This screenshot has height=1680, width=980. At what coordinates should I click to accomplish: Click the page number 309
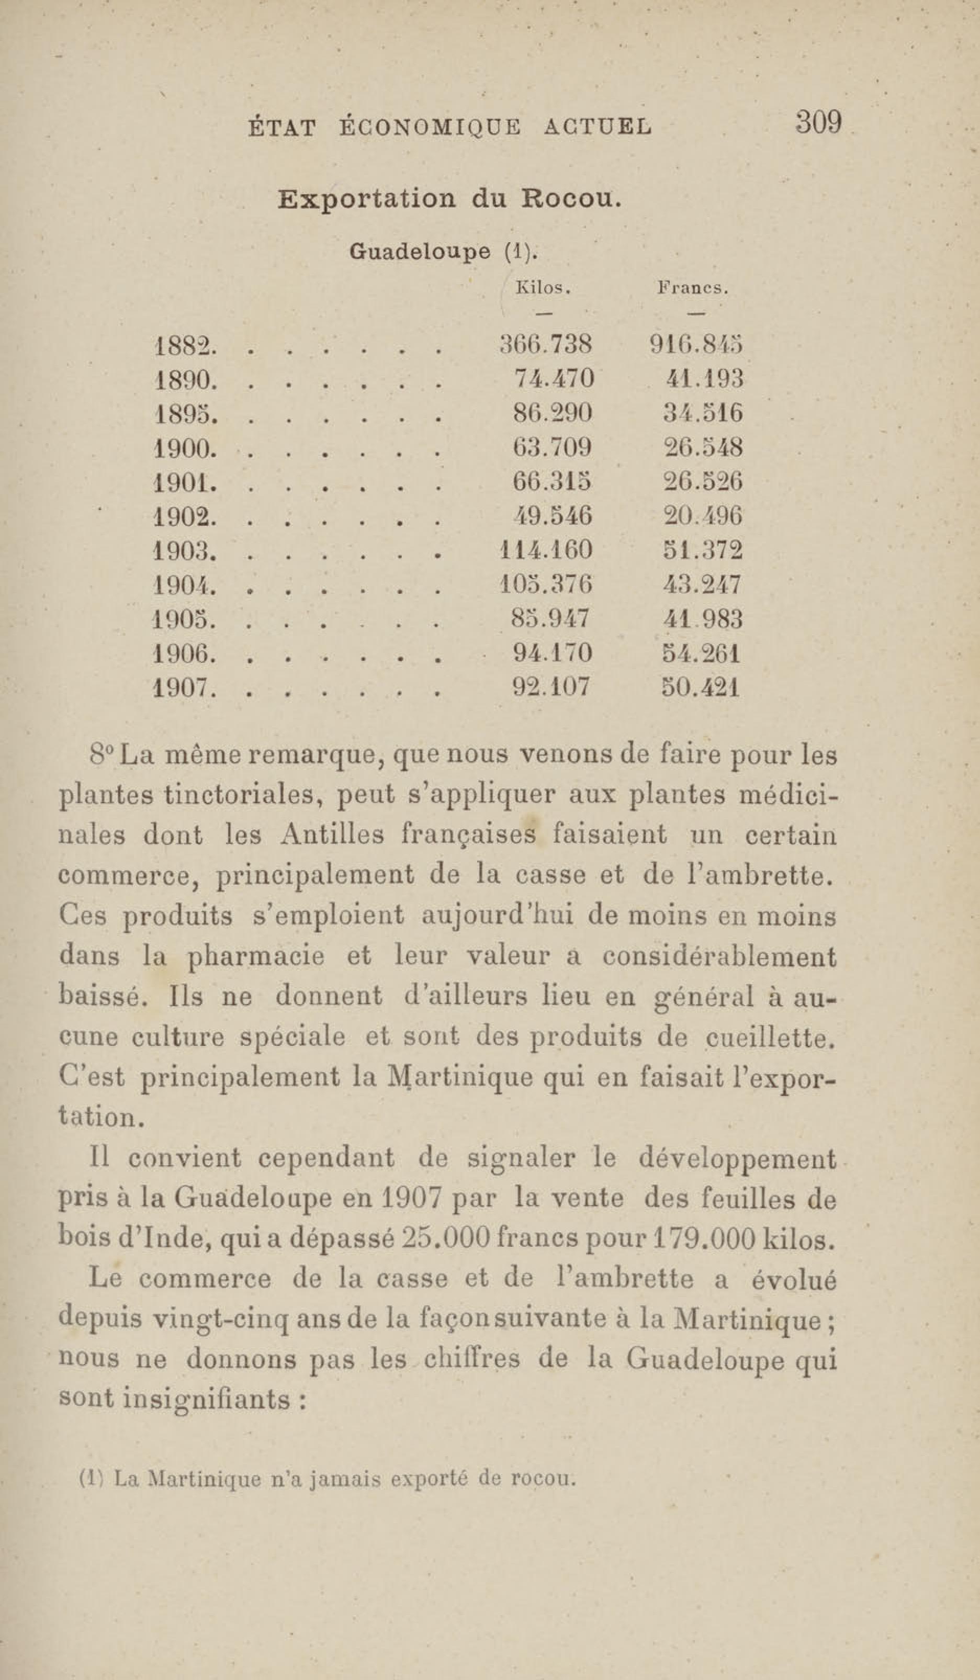817,123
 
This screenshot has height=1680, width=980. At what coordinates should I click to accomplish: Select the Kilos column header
543,289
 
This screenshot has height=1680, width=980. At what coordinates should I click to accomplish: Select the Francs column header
693,289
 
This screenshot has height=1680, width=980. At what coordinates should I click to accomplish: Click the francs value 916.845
696,345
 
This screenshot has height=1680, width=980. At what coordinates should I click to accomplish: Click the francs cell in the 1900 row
703,447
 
